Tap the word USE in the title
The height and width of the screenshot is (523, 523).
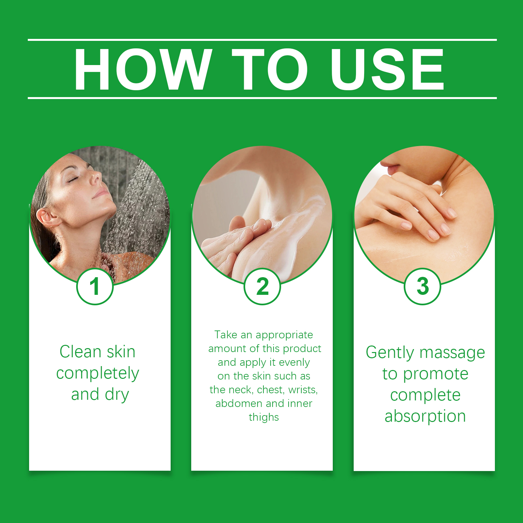coord(387,69)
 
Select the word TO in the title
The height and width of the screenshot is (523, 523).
coord(270,69)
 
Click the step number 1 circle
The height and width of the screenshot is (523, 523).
coord(95,286)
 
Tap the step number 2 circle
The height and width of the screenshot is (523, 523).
coord(262,286)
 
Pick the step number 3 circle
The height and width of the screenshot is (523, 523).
coord(422,286)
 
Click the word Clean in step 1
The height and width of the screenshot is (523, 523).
coord(80,352)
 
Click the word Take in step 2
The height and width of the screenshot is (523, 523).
coord(226,335)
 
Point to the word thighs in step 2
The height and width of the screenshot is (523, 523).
coord(264,418)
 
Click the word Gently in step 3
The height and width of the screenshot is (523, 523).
coord(390,353)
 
